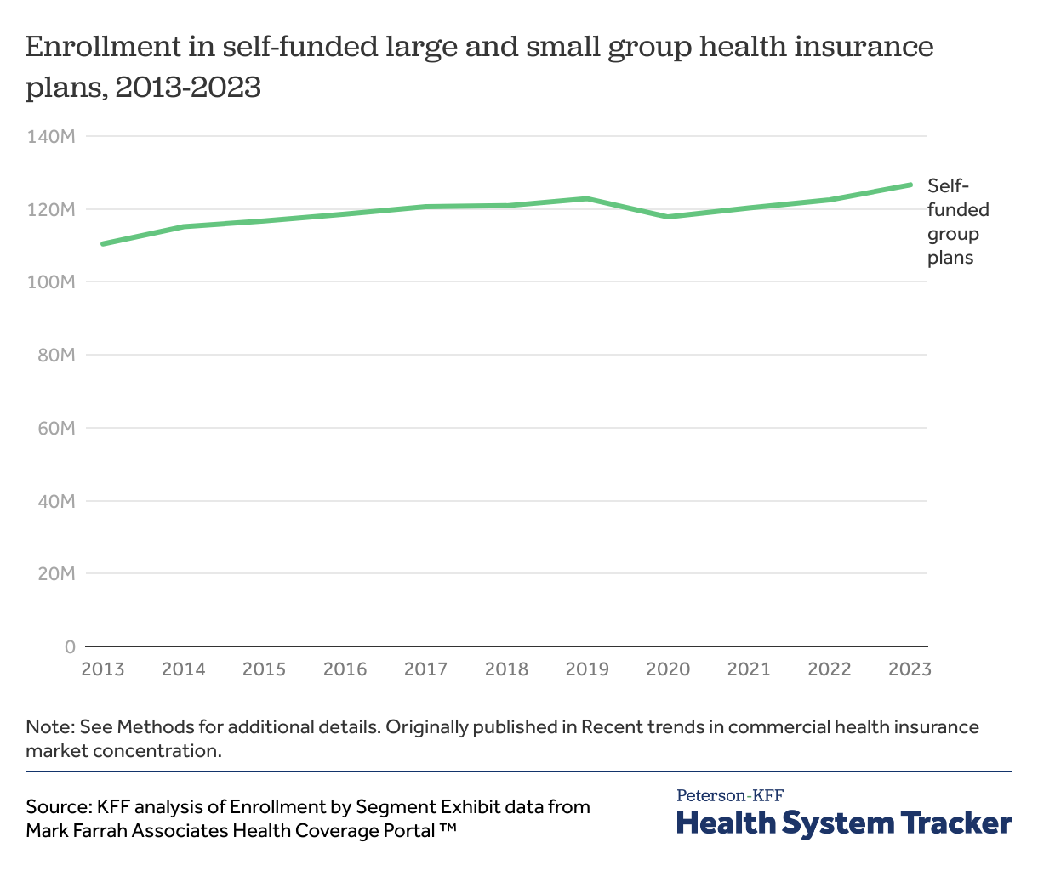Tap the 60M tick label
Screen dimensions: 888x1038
click(57, 428)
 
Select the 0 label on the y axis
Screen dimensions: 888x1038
click(70, 646)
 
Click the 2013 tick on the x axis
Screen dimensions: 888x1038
click(102, 669)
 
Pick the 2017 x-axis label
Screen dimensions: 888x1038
click(425, 669)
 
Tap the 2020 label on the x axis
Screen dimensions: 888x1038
click(668, 669)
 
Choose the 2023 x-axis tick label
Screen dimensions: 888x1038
click(910, 669)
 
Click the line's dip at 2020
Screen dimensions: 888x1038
click(668, 217)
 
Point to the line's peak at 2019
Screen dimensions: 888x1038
click(587, 198)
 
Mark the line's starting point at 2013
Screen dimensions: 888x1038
click(103, 244)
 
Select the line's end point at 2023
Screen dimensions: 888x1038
click(910, 185)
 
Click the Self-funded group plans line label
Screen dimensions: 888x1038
click(958, 222)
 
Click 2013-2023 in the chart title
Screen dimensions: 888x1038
click(187, 87)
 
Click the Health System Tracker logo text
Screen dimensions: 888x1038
click(844, 823)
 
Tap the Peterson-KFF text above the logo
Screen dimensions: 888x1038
click(730, 796)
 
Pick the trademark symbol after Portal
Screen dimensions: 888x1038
click(448, 829)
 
